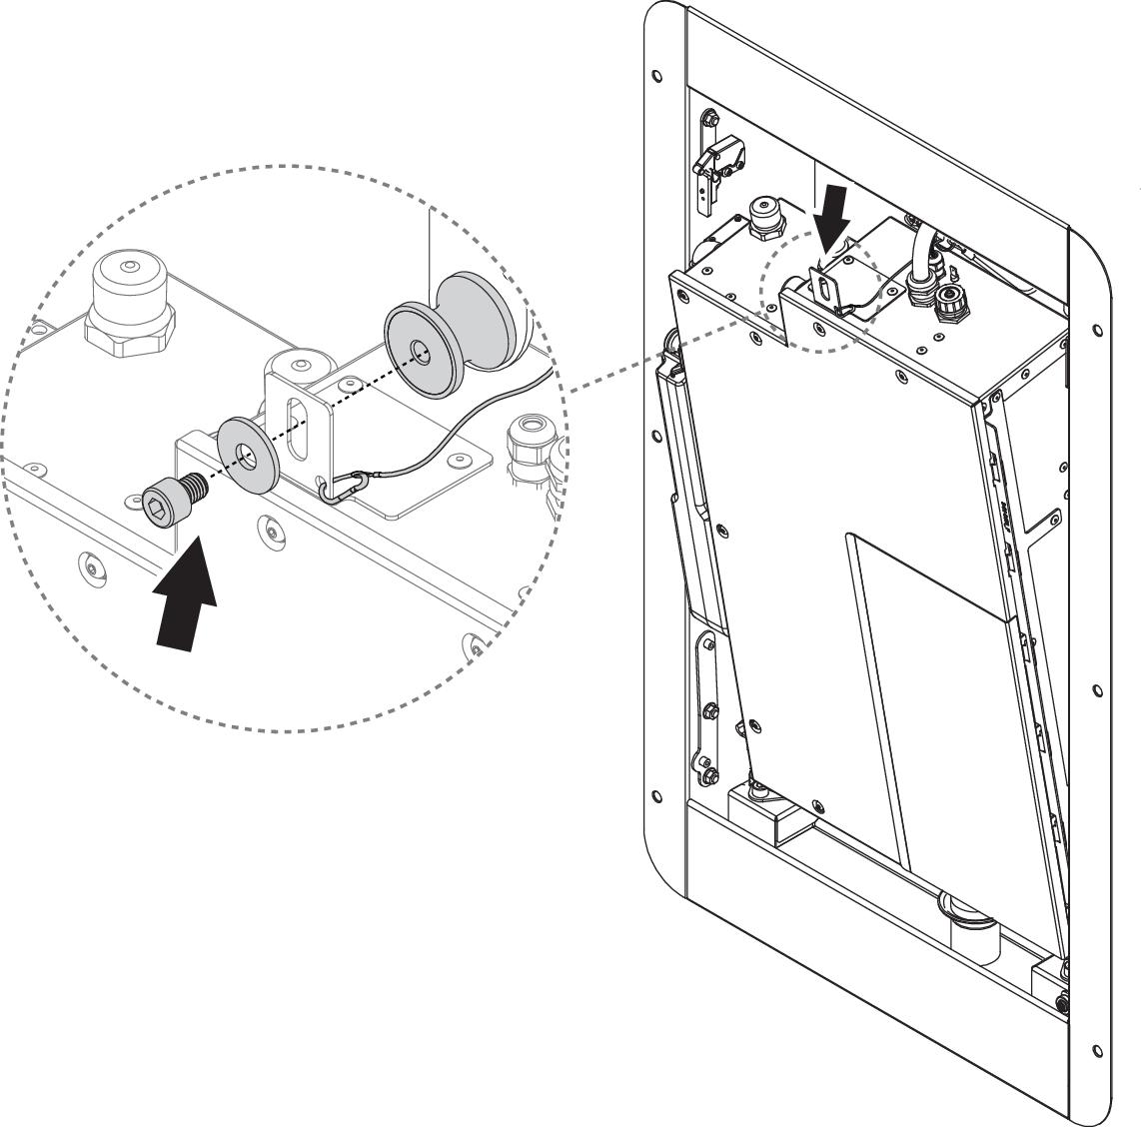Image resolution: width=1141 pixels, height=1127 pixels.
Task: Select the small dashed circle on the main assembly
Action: tap(818, 291)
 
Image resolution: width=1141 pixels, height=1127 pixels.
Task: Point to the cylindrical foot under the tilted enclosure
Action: tap(963, 924)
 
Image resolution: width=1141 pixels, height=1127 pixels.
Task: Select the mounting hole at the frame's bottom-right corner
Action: tap(1097, 1051)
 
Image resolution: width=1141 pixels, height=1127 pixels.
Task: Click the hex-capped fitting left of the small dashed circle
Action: tap(764, 217)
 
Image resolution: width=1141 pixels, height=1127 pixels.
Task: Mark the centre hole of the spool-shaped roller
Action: tap(420, 351)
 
